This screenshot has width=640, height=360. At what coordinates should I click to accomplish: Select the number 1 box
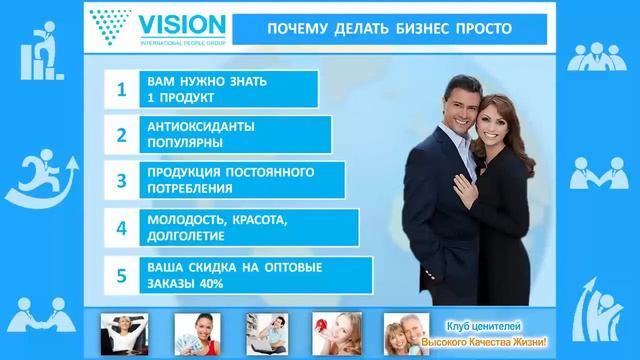[121, 89]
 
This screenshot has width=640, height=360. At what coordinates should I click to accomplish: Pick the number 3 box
[121, 181]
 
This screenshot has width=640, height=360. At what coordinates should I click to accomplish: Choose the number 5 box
[121, 274]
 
